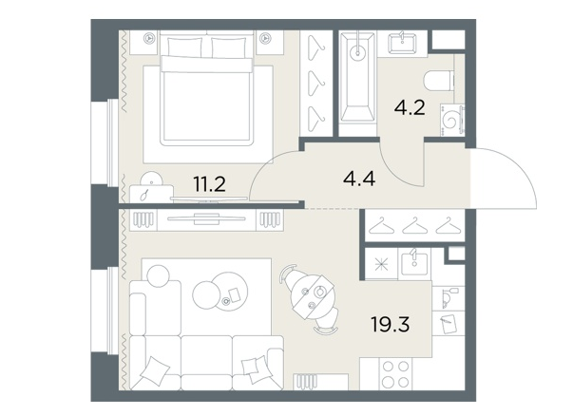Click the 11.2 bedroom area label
tap(209, 184)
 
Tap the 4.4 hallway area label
tap(359, 179)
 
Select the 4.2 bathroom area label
tap(410, 107)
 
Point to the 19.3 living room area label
tap(391, 324)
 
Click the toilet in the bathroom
tap(439, 81)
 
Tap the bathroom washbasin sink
tap(402, 44)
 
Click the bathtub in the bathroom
tap(357, 77)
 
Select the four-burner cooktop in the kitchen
tap(395, 373)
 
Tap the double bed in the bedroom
tap(207, 88)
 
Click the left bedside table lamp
tap(149, 38)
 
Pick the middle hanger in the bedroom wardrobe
tap(316, 84)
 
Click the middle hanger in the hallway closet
tap(414, 226)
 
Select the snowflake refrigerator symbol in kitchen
tap(381, 264)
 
